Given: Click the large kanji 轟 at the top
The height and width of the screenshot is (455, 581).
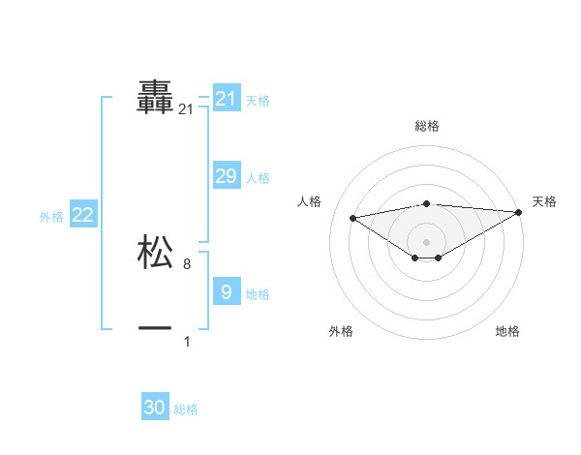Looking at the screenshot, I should (155, 98).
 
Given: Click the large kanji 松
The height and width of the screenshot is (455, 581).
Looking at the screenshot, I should (155, 252).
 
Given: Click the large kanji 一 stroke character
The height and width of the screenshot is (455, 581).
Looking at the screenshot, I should (155, 329).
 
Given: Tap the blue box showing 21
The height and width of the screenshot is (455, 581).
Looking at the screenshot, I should (226, 99).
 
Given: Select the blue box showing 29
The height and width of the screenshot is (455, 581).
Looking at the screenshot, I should (226, 176).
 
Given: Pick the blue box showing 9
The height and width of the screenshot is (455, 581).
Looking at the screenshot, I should (226, 292).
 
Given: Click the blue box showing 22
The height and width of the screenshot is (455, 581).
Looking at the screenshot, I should (82, 215).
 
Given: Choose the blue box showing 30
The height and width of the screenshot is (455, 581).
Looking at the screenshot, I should (155, 408).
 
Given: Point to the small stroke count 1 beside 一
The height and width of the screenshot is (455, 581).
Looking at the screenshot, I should (187, 341).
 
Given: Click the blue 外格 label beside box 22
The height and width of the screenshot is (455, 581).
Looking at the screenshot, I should (51, 217).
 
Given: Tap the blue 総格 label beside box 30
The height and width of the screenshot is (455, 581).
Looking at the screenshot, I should (186, 409).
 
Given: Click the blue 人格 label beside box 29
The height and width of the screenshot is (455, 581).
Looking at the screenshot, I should (258, 178).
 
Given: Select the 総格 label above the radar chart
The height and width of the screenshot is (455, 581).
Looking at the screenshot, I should (426, 126).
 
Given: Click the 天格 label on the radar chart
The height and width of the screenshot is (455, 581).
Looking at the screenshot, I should (544, 201).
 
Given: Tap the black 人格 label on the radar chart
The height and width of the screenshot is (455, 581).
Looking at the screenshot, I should (309, 201).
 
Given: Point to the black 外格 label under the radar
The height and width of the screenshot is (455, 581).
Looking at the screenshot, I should (341, 331).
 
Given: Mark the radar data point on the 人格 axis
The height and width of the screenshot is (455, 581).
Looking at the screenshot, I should (352, 217).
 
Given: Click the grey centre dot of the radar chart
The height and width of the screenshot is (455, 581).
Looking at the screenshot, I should (426, 241).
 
